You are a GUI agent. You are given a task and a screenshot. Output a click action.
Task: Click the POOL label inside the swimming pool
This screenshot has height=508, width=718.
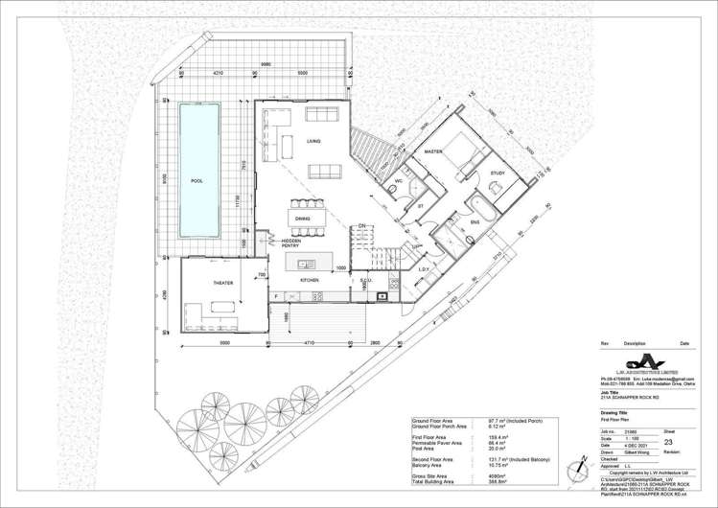[197, 180]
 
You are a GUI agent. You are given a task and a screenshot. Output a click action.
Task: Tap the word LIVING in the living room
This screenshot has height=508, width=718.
[313, 142]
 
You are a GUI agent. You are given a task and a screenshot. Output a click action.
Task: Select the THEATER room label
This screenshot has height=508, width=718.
[222, 284]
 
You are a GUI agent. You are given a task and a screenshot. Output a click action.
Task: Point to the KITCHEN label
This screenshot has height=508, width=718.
[309, 280]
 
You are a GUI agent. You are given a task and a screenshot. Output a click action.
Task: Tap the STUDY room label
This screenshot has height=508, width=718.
[497, 173]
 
